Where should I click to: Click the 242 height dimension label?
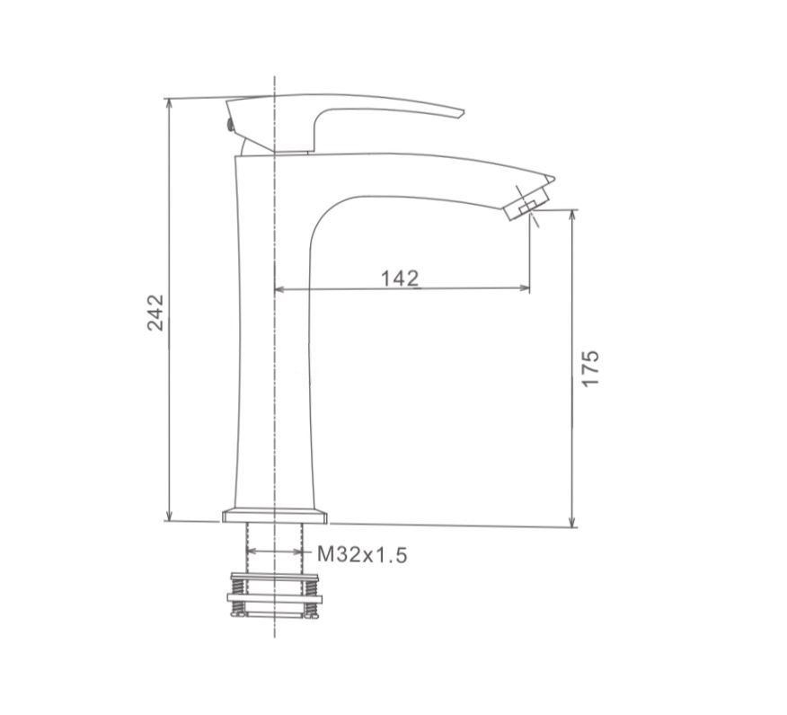[155, 312]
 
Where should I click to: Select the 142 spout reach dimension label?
[400, 278]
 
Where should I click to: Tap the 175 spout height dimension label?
[590, 368]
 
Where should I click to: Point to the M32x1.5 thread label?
[362, 554]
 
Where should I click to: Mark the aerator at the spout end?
[527, 202]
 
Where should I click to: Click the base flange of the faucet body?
[275, 516]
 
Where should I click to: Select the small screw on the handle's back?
[230, 125]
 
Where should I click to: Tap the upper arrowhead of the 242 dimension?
[169, 103]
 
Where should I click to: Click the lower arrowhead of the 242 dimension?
[169, 516]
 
